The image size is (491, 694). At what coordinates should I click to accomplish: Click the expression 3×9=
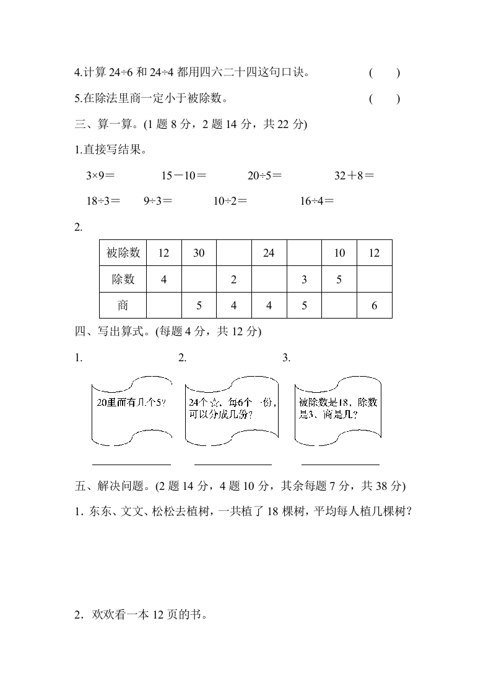tap(100, 176)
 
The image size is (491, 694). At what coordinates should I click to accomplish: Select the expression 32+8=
tap(354, 176)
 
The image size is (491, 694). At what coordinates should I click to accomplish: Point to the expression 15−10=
tap(184, 176)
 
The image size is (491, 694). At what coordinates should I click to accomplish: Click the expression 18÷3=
tap(103, 200)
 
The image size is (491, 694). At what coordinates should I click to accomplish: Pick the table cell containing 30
tap(199, 253)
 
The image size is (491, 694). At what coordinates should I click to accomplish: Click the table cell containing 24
tap(269, 253)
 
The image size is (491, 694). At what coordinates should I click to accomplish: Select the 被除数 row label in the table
tap(123, 253)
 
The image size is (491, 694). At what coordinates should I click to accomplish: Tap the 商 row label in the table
tap(123, 305)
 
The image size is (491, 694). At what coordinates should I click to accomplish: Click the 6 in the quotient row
tap(374, 305)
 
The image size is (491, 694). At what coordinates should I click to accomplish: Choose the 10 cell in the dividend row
tap(339, 253)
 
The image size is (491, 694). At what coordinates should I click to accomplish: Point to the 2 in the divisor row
tap(233, 279)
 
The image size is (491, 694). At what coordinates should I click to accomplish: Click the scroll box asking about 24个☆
tap(232, 409)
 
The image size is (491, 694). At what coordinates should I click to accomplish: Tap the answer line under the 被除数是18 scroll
tap(340, 463)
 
